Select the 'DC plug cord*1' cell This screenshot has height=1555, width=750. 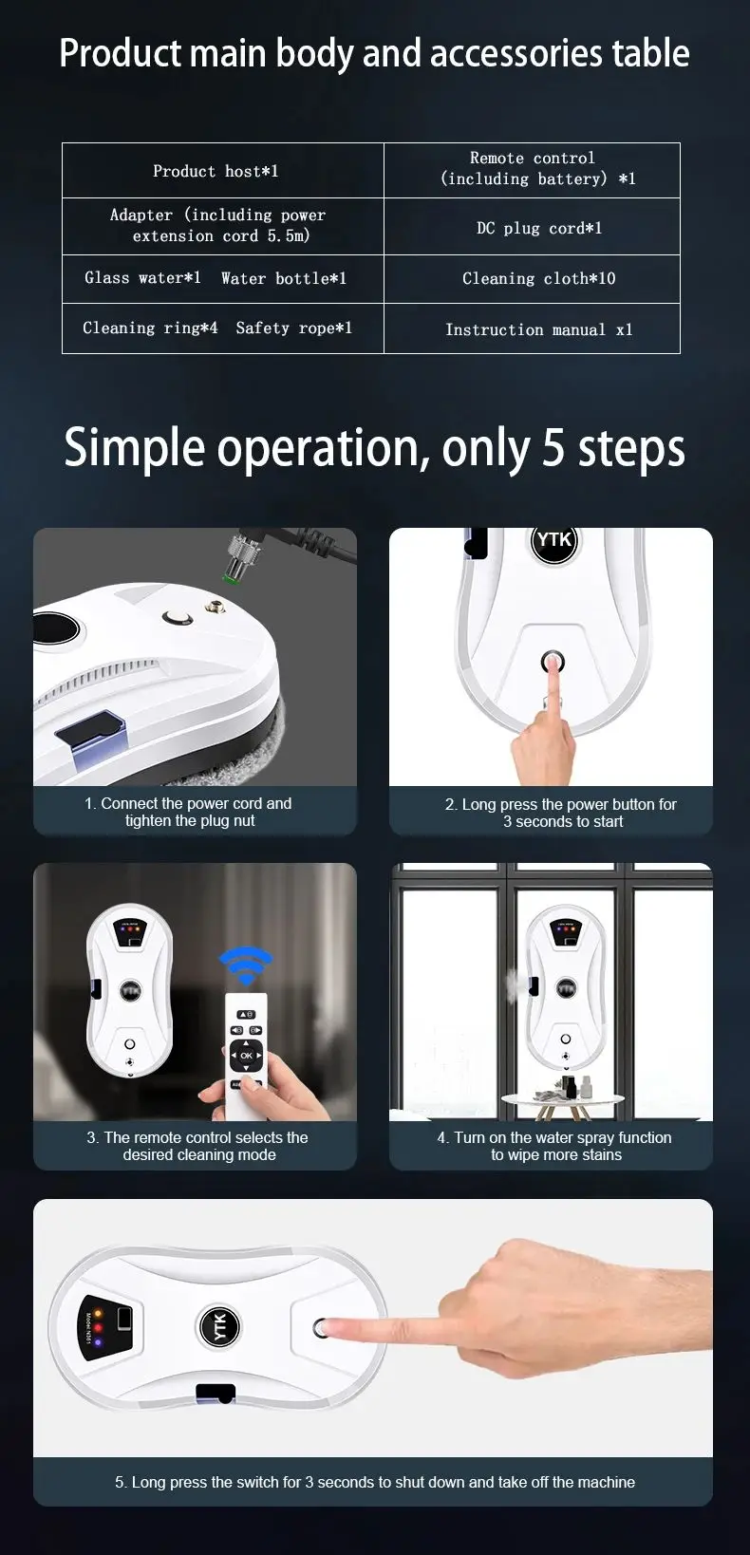click(532, 227)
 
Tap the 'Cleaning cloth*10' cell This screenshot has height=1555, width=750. click(532, 279)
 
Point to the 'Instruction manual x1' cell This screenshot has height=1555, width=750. click(532, 329)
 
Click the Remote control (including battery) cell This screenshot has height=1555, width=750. click(532, 171)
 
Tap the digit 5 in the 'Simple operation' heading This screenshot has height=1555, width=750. click(553, 447)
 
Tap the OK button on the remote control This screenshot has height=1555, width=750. click(247, 1056)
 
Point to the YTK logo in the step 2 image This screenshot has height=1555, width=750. click(554, 541)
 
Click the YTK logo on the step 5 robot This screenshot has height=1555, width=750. click(219, 1326)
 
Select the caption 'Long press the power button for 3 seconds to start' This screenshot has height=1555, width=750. click(561, 813)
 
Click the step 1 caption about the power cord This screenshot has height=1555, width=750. click(189, 813)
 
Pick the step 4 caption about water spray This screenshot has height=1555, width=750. click(555, 1146)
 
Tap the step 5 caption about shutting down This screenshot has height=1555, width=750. click(375, 1482)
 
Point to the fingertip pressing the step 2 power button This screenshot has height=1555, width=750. click(553, 663)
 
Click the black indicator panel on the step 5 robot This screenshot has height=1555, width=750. click(107, 1327)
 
